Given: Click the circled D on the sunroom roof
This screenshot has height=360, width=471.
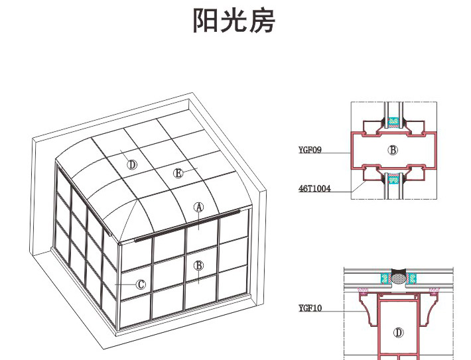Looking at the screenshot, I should [133, 164].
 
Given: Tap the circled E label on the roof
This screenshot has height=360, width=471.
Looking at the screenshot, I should [178, 173].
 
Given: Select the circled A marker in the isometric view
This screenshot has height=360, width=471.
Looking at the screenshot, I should [198, 207].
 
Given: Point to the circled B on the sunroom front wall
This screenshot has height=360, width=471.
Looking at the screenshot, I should [198, 265].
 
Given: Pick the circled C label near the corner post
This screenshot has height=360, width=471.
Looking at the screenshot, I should [141, 284].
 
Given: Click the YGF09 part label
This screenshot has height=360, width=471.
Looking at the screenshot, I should [310, 150].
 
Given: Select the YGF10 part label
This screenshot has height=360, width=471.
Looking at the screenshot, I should [310, 308].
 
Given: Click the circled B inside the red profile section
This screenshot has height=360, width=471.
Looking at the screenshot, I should [393, 150].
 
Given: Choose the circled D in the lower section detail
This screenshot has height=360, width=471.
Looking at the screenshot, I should [398, 332].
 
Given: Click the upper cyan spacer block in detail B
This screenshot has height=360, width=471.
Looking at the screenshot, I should [394, 121].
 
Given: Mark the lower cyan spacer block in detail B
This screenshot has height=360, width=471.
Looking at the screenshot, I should [394, 178].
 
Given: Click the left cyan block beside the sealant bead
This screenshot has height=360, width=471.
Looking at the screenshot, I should [383, 278].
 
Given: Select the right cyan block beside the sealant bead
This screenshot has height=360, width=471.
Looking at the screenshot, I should [413, 278].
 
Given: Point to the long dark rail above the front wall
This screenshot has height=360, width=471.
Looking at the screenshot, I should [186, 226].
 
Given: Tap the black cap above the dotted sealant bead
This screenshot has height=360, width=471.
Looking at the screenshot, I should [398, 271].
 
